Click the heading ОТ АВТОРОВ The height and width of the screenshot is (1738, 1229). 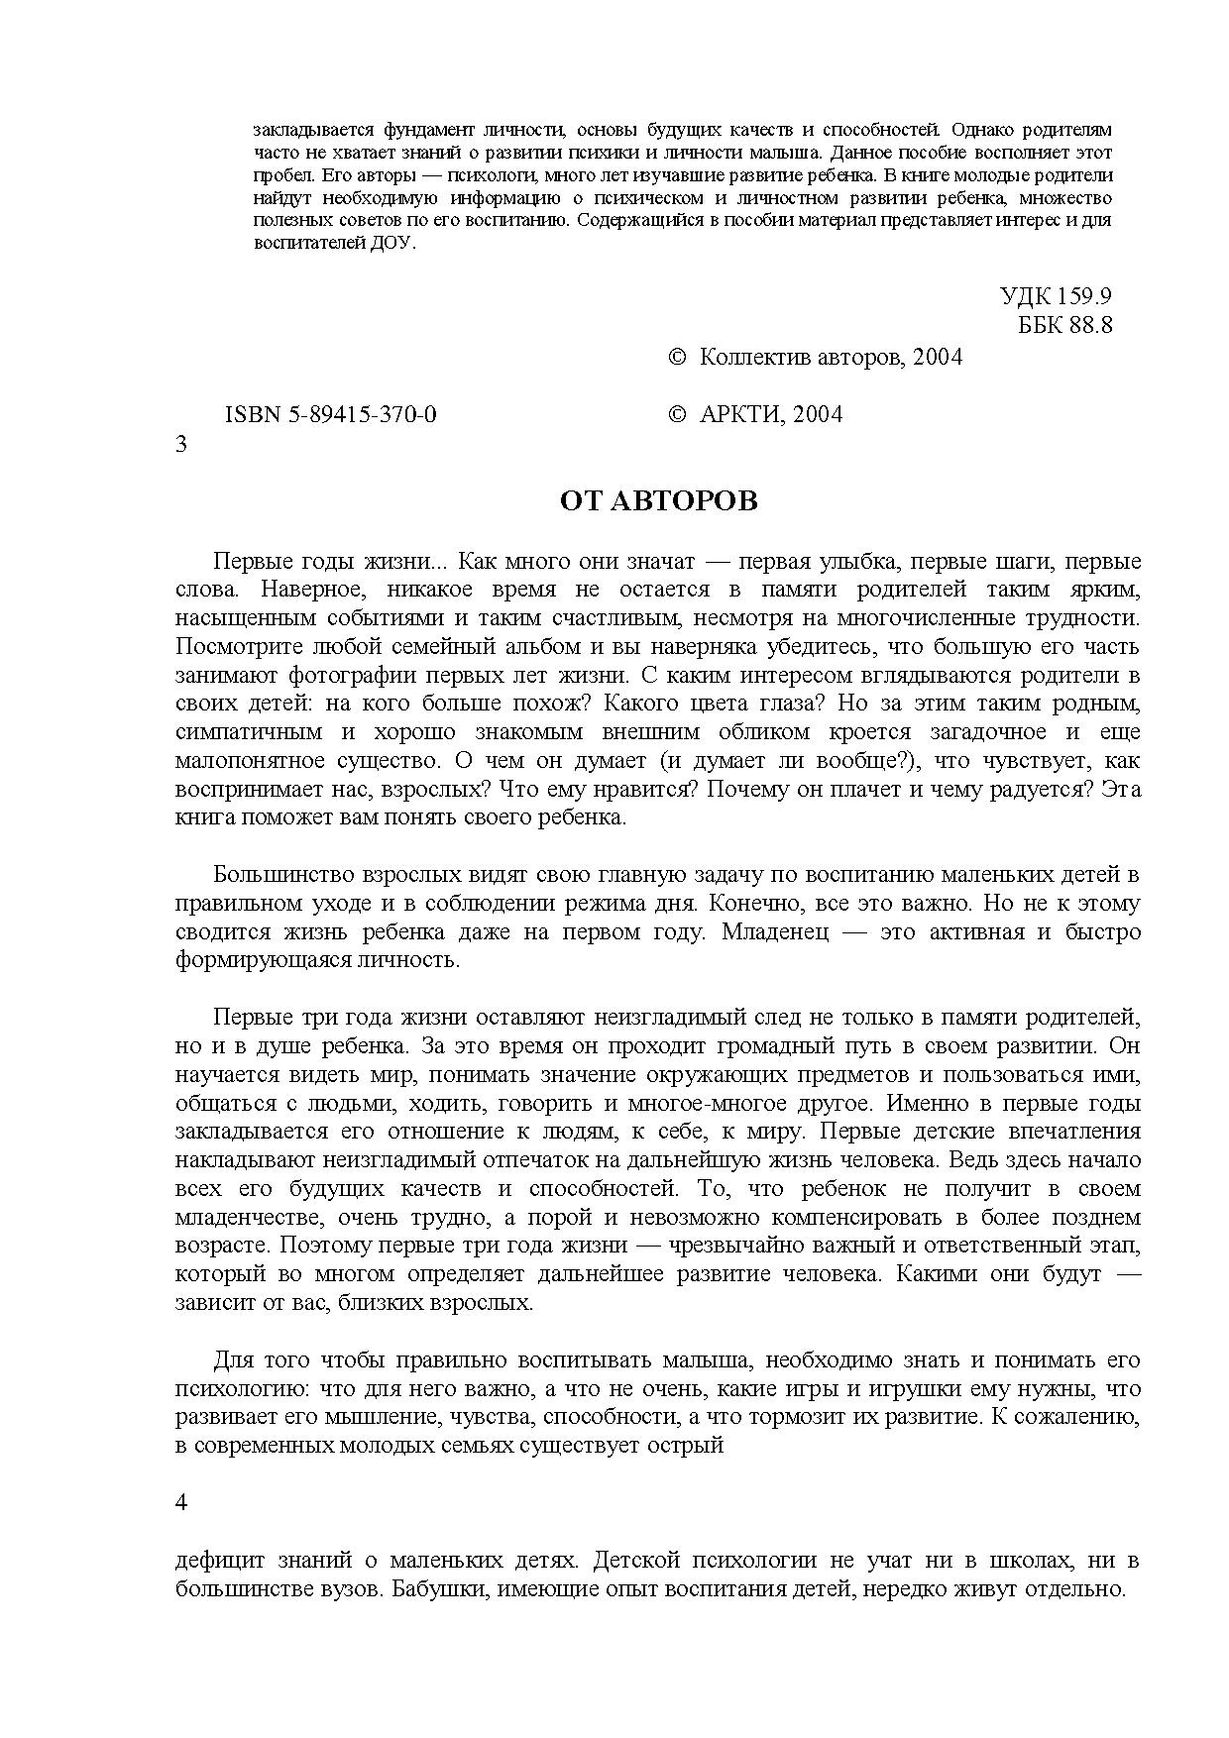(658, 501)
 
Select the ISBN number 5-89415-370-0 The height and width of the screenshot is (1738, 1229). (331, 415)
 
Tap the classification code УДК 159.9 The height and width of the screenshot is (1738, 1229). (1056, 296)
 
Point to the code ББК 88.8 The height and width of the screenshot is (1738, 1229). (1065, 325)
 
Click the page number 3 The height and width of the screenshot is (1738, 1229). (181, 444)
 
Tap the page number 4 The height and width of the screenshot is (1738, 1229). (181, 1502)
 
